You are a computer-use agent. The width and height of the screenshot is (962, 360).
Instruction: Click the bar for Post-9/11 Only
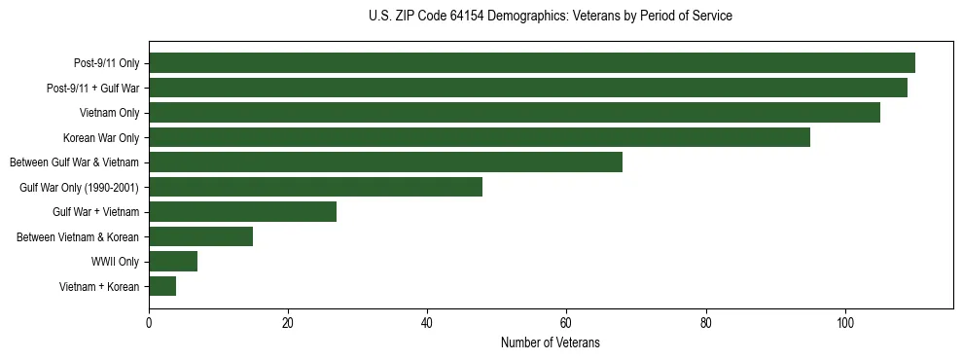click(x=532, y=63)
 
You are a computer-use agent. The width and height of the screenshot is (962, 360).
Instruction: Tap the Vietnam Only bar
click(x=515, y=113)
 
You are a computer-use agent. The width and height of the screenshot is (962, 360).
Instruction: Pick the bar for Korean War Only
click(x=480, y=137)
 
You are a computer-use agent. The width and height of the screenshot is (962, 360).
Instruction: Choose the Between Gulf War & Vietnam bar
click(x=385, y=162)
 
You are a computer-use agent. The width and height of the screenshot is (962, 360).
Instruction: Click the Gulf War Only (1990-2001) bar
click(x=316, y=187)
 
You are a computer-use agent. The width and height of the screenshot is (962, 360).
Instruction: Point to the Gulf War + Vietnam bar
click(x=243, y=211)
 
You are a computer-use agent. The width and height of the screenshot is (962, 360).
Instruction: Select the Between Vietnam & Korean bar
click(x=201, y=236)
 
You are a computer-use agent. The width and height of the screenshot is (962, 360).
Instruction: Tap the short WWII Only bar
click(x=173, y=261)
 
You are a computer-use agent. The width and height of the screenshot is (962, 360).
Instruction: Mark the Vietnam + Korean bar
click(x=162, y=286)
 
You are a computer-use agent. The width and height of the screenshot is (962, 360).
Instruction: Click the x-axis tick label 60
click(x=567, y=323)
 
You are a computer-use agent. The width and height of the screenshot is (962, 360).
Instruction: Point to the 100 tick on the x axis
click(x=845, y=323)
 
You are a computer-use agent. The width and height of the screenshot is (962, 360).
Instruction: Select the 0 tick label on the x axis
click(x=149, y=323)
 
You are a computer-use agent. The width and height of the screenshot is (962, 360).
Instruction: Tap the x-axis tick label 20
click(x=288, y=323)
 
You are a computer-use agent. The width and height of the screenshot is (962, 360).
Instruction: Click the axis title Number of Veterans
click(x=551, y=342)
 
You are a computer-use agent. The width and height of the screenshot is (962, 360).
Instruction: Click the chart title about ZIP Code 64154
click(x=551, y=17)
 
